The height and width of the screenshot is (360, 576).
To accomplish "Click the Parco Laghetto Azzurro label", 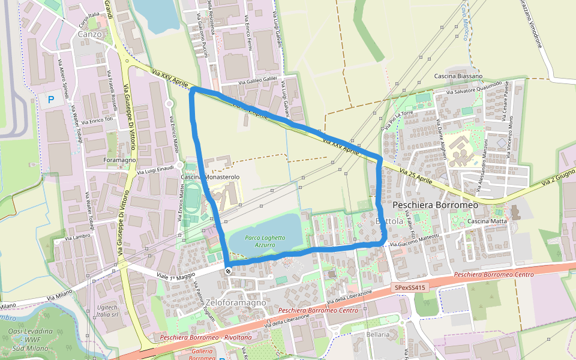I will point(265,242).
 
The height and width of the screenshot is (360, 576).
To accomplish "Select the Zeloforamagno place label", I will point(235,303).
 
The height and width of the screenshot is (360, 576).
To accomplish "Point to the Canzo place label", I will point(90,34).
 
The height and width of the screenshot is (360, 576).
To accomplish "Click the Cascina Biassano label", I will point(458,77).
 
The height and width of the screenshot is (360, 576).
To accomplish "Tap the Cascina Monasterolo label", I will point(211,178).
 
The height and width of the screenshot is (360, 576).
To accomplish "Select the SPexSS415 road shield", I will point(410,288).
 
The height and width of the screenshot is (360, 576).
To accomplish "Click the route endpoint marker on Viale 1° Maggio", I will point(228,271).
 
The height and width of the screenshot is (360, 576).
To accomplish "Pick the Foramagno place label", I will point(120,161).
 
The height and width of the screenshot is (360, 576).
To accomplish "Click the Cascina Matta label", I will point(487,222).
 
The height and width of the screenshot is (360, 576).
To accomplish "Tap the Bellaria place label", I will point(379,335).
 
